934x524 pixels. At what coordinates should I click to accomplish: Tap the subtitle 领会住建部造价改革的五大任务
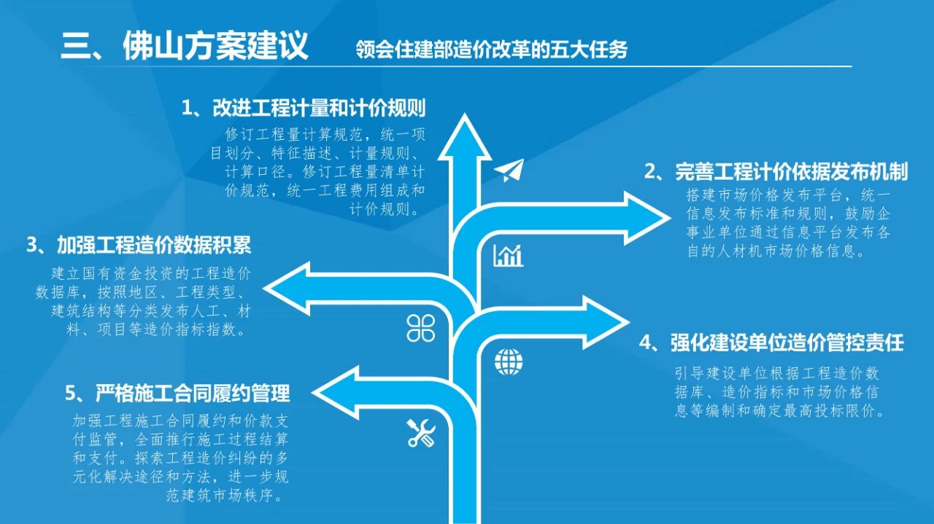click(x=492, y=50)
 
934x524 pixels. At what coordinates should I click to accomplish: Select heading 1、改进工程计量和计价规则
click(x=304, y=108)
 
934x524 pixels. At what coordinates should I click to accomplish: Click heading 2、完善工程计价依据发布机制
click(x=776, y=171)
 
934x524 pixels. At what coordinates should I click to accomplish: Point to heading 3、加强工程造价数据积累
click(x=139, y=245)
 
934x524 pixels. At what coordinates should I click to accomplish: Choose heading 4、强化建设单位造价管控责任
click(x=771, y=343)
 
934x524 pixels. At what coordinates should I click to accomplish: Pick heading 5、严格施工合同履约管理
click(x=177, y=393)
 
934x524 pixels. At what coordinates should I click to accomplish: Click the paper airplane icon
click(x=509, y=170)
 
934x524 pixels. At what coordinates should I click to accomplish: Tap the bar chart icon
click(x=509, y=255)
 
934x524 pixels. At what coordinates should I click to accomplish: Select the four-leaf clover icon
click(x=421, y=328)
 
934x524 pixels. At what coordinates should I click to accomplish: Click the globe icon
click(x=509, y=361)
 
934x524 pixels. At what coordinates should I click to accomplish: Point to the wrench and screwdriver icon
click(x=421, y=433)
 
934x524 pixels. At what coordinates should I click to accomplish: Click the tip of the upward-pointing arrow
click(x=465, y=114)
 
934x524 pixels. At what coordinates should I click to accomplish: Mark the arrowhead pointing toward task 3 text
click(x=264, y=288)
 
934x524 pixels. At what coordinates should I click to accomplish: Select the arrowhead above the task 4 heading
click(x=628, y=322)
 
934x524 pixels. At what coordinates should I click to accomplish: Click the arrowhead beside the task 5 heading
click(x=313, y=392)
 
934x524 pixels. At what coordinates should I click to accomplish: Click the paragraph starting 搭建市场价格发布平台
click(x=788, y=223)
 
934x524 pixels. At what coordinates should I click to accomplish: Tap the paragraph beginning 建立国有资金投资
click(x=143, y=302)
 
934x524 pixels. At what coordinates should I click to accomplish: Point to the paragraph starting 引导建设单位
click(x=779, y=392)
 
